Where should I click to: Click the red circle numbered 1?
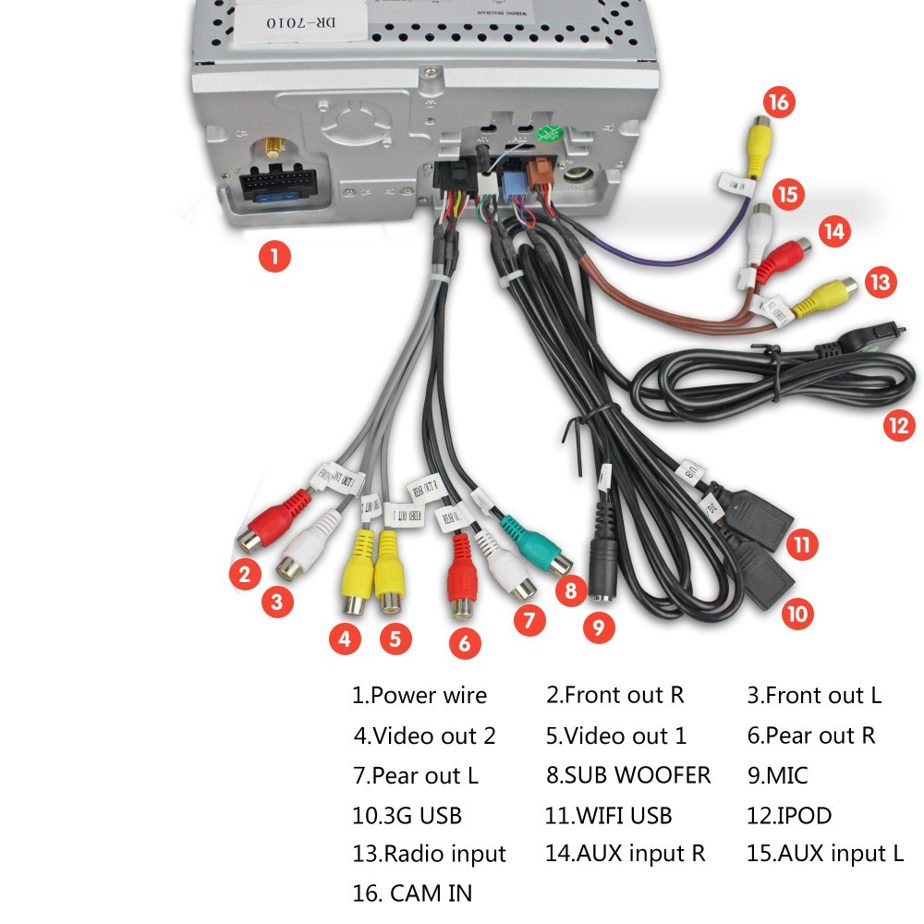[274, 255]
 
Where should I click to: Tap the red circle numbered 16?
[779, 101]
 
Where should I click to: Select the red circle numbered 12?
[897, 425]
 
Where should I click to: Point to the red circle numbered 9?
[599, 628]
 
